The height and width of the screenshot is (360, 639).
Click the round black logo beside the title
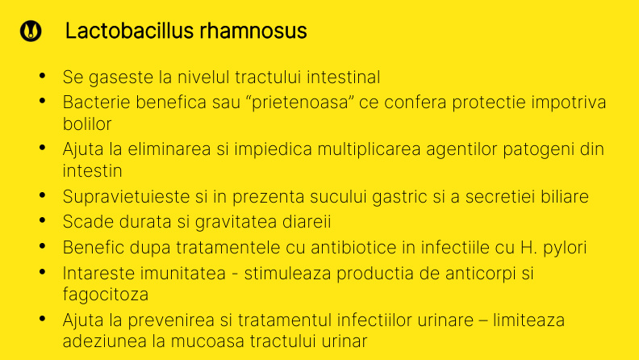(x=31, y=31)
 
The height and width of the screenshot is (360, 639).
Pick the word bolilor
(x=87, y=124)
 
